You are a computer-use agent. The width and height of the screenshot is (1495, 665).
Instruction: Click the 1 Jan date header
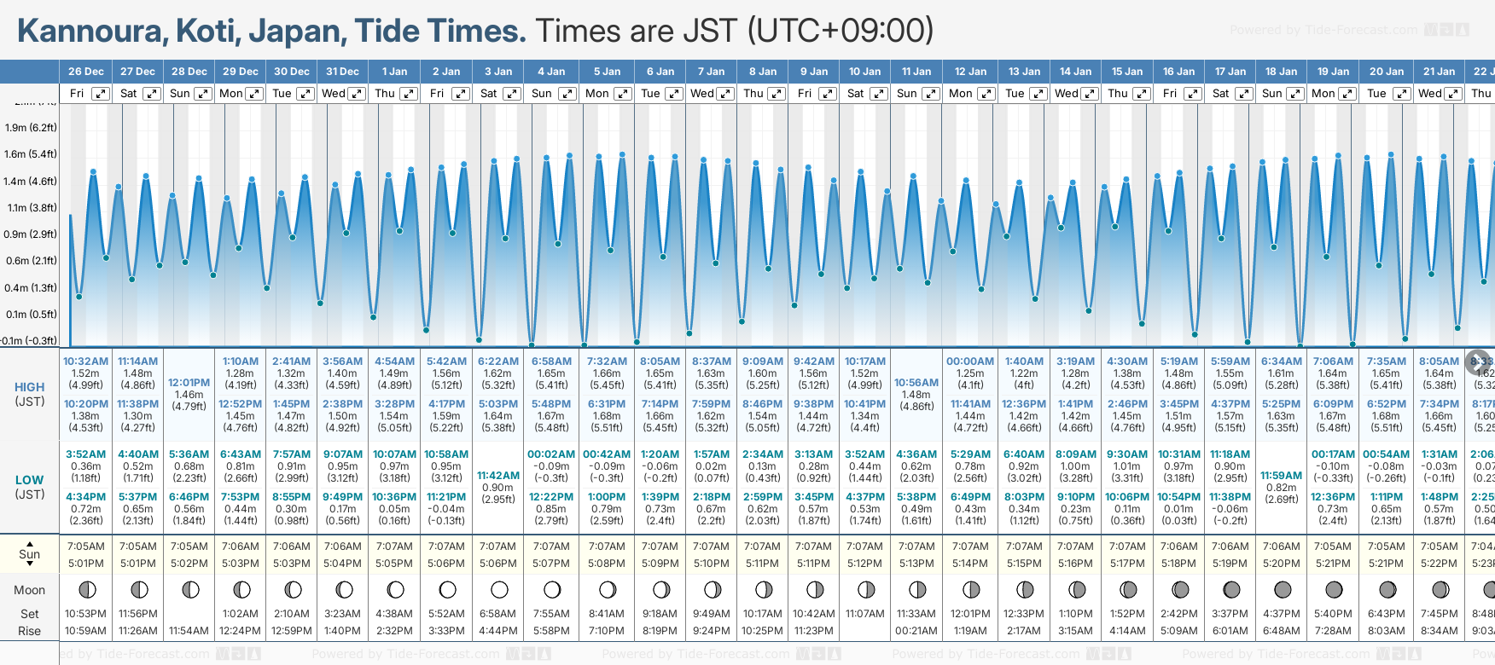tap(394, 72)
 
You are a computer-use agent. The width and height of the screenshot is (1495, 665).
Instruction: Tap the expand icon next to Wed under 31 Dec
tap(358, 94)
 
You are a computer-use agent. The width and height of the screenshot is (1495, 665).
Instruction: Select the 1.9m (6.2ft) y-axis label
tap(31, 128)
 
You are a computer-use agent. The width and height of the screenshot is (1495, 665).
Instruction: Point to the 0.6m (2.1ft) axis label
tap(31, 261)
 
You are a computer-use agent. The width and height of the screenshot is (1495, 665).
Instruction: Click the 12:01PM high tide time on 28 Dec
tap(189, 383)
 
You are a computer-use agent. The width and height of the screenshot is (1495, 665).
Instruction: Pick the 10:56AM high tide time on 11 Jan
tap(916, 383)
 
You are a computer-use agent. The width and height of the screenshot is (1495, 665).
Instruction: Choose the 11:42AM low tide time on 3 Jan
tap(498, 476)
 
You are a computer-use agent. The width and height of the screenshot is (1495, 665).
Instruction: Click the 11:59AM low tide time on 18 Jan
tap(1281, 476)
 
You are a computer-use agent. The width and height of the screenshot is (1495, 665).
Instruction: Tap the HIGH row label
tap(29, 387)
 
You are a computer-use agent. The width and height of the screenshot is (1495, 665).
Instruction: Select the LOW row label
tap(29, 480)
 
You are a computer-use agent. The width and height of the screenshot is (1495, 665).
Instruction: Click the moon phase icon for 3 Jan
tap(499, 589)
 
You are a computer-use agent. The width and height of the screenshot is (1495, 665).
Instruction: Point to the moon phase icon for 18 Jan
tap(1282, 589)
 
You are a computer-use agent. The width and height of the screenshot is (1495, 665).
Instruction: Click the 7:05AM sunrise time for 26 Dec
tap(86, 546)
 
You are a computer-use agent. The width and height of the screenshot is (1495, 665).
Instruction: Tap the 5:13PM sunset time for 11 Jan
tap(916, 564)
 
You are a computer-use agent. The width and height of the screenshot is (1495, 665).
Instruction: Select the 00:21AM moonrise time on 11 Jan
tap(916, 631)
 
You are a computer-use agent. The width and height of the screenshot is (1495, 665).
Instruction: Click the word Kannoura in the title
tap(92, 32)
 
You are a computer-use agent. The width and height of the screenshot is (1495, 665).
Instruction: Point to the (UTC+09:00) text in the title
tap(841, 32)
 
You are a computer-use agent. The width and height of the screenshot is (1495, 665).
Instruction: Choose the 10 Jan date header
tap(864, 72)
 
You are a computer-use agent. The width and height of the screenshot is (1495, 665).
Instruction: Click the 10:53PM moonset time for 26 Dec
tap(86, 614)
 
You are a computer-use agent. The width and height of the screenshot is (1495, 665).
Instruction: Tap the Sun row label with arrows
tap(29, 554)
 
